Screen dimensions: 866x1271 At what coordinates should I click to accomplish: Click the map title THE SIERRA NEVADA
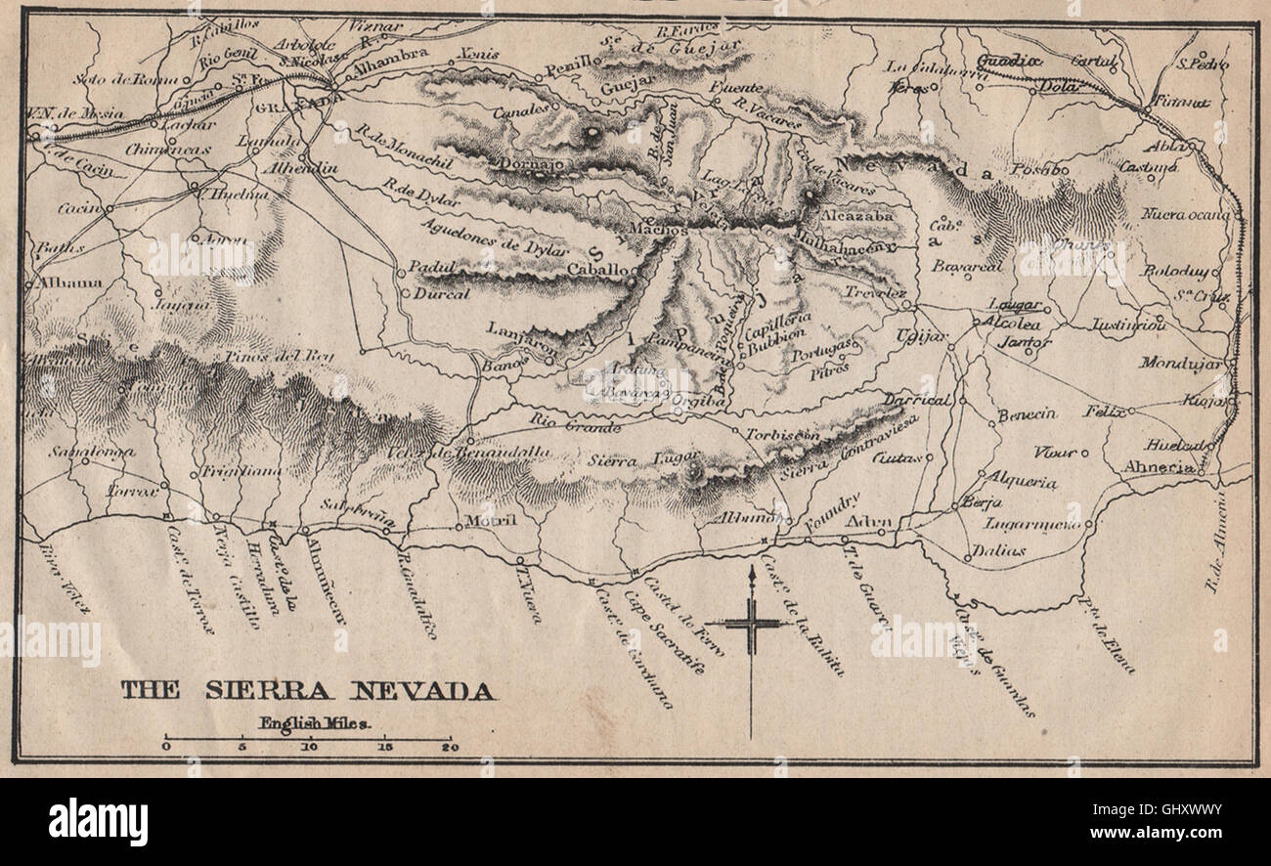(307, 691)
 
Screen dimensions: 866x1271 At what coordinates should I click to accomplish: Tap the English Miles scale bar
(308, 738)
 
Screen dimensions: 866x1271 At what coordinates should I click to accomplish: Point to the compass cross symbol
(751, 623)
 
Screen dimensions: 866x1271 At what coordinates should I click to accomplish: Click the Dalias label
(998, 550)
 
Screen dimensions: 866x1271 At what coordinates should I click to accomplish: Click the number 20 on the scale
(449, 748)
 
